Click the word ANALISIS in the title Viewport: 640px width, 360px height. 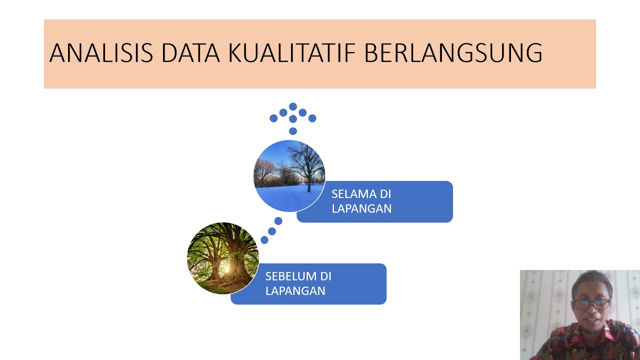101,53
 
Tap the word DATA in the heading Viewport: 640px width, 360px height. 190,53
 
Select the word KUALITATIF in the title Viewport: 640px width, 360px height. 291,53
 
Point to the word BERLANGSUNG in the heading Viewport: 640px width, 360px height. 453,53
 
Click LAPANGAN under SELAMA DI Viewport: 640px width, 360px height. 361,208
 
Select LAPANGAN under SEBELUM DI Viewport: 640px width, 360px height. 295,291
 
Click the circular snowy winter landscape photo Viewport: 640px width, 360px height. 289,176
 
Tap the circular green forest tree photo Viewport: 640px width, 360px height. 223,258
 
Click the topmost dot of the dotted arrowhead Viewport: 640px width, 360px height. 293,106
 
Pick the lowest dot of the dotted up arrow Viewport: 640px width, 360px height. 293,131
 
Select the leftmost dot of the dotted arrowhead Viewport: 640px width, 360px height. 273,118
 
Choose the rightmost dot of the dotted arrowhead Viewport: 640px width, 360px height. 312,118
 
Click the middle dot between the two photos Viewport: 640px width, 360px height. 271,231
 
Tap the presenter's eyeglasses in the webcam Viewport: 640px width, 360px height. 592,304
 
